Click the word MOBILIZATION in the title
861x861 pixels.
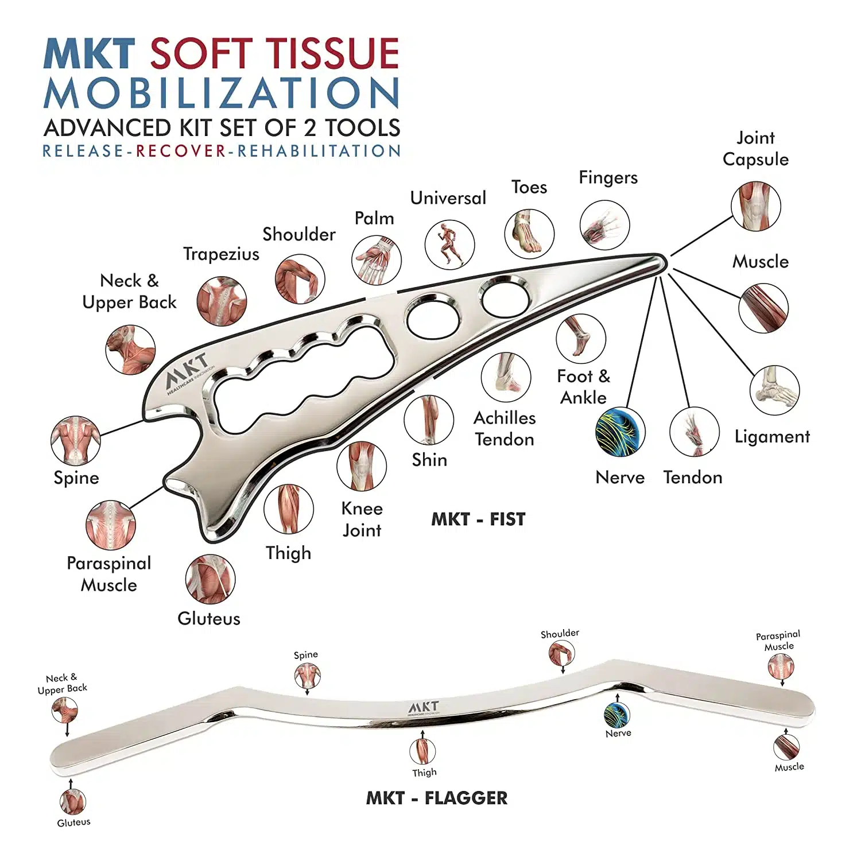(222, 93)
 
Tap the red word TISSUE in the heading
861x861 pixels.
(334, 54)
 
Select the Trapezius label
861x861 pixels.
(221, 254)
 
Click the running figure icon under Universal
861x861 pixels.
(449, 245)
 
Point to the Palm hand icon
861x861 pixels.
(376, 260)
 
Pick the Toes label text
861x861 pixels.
(529, 187)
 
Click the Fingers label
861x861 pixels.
(608, 177)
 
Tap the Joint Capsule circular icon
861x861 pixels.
(755, 207)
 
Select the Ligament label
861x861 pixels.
(772, 437)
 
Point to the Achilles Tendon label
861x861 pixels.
(505, 429)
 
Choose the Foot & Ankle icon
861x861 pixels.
(580, 339)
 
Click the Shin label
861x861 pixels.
(429, 460)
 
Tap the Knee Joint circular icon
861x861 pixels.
(362, 466)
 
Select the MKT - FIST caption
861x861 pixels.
(478, 519)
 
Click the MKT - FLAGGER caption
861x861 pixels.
(437, 798)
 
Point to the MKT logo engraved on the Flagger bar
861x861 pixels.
(424, 708)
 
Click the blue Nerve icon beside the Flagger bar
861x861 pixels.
(617, 715)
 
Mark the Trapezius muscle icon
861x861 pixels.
(222, 301)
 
